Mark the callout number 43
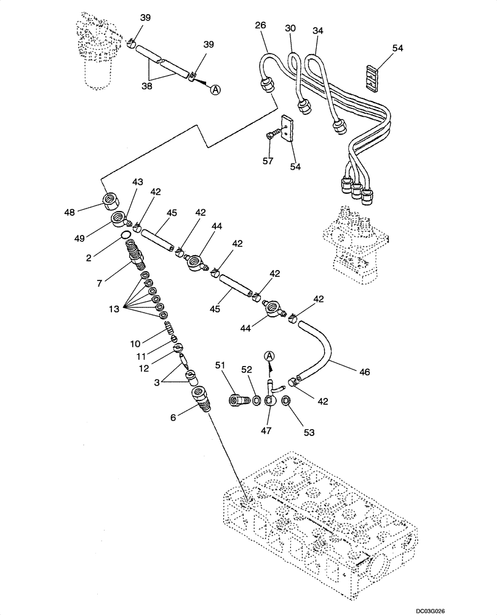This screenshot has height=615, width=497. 137,182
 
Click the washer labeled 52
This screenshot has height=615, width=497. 256,401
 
